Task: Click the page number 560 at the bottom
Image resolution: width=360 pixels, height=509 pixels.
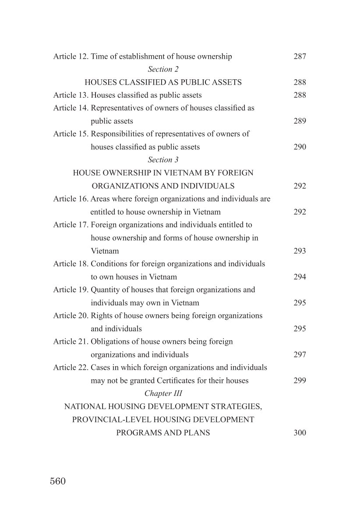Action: pos(58,481)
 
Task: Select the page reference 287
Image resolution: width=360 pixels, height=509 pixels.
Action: pos(300,57)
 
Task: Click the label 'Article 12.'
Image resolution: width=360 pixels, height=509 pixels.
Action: pos(71,57)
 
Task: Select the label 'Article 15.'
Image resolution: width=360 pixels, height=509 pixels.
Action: pos(71,134)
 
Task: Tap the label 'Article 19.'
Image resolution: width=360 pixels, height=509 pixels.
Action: pos(71,290)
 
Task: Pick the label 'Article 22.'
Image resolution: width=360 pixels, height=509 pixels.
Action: pos(71,368)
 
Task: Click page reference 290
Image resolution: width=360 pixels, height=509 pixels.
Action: pos(300,147)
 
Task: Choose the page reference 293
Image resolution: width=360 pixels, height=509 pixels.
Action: pos(300,251)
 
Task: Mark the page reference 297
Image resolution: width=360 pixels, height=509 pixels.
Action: pos(300,355)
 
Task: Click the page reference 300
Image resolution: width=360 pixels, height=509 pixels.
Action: pos(300,433)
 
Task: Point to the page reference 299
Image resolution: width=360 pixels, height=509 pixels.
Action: pos(300,381)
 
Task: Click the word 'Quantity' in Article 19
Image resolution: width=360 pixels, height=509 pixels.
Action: pos(104,290)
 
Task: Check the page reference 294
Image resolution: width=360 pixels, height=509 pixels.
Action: pos(300,277)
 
